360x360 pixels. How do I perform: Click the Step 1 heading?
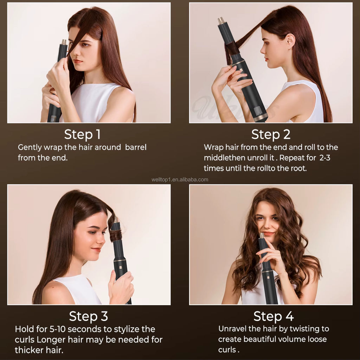[82, 135]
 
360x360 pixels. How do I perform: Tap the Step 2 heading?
[270, 135]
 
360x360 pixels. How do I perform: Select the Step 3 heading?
[88, 316]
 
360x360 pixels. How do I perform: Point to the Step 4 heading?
[274, 316]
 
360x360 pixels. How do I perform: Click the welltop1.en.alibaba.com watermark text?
[180, 180]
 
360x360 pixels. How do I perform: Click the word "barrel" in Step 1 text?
[136, 147]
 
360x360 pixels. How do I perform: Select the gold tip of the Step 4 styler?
[262, 235]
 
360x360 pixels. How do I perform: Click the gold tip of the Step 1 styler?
[64, 42]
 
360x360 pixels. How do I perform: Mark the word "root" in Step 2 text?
[298, 168]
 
